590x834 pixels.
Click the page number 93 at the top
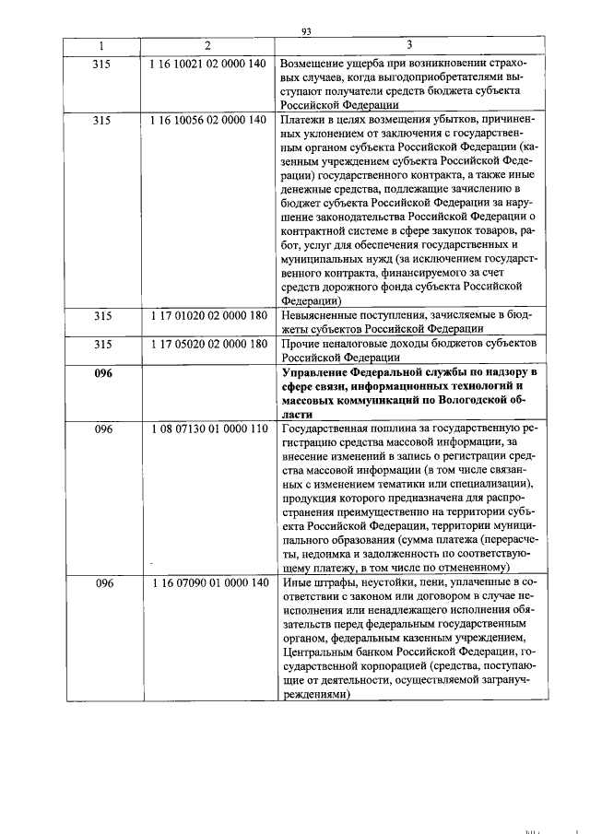[x=308, y=31]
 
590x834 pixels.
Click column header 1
[x=102, y=46]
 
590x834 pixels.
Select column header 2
[x=207, y=46]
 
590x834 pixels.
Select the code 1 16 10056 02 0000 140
[x=207, y=120]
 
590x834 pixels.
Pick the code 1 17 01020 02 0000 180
[x=207, y=316]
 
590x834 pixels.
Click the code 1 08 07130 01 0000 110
[x=207, y=429]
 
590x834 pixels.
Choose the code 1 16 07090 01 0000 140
[x=207, y=583]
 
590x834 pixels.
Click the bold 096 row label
[x=102, y=372]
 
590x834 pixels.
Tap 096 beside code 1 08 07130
[x=102, y=429]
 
